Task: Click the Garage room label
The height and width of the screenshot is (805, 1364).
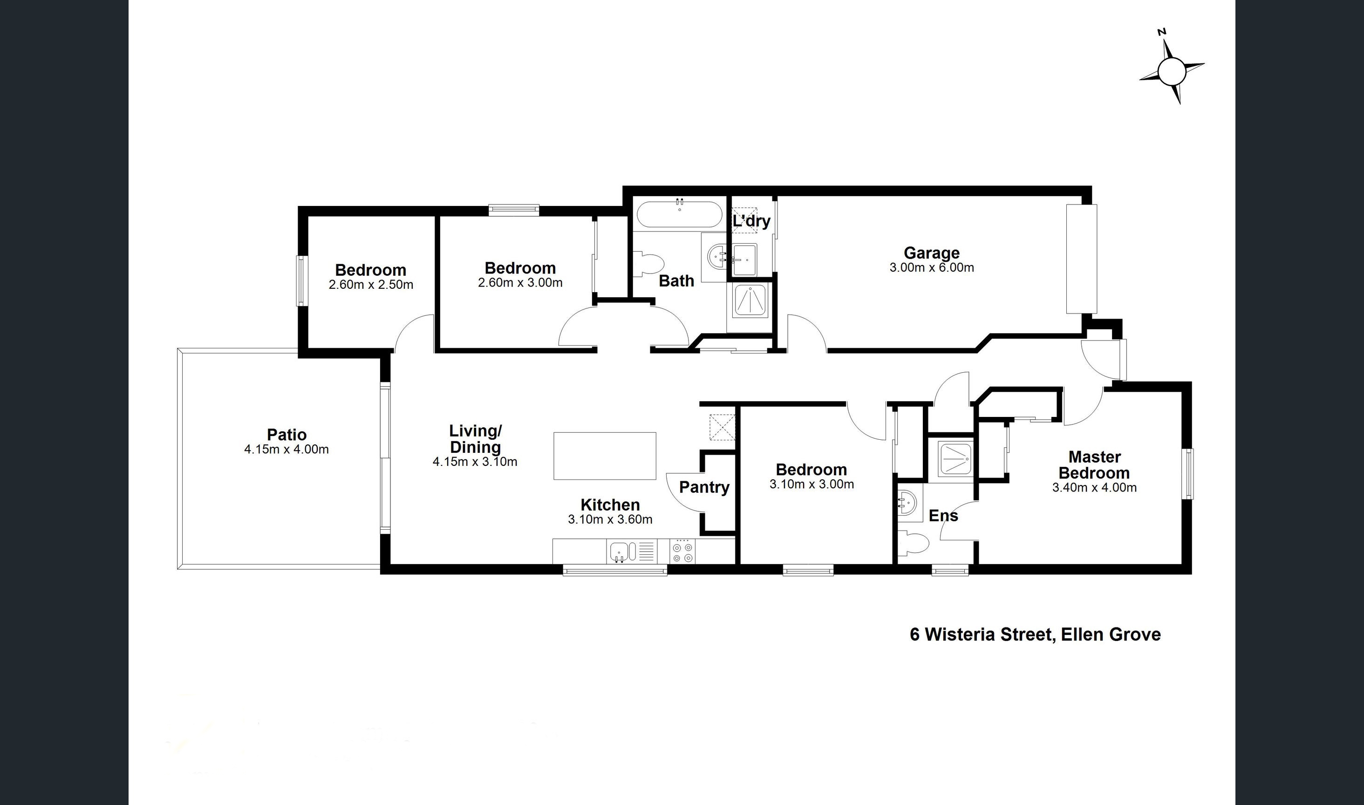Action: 931,253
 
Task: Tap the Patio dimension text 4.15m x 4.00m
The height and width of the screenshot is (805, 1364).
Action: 286,449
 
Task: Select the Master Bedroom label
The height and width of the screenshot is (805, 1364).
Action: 1094,465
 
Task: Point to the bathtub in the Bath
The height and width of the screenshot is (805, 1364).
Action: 679,215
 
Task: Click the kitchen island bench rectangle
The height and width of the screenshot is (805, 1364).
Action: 605,456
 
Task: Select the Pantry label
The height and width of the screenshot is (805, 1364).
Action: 704,487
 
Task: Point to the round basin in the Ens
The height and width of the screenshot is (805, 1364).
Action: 907,502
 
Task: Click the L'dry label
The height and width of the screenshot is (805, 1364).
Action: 751,221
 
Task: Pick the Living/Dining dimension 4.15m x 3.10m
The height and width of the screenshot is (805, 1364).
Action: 475,462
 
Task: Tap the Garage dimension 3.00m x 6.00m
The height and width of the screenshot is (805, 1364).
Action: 932,268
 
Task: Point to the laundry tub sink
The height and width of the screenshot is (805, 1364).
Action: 744,260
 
